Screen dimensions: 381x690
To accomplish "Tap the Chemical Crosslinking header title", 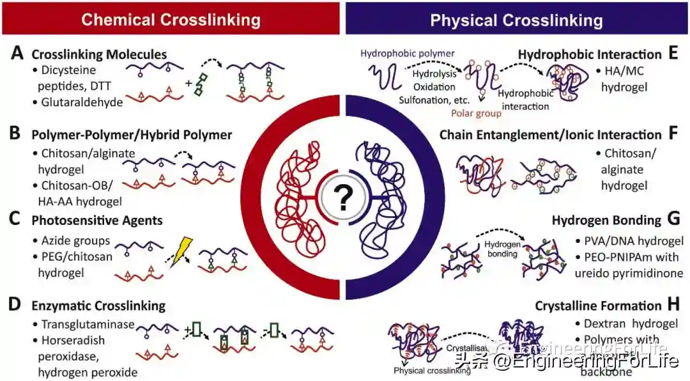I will pos(171,19).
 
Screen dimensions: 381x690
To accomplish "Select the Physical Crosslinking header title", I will pos(516,20).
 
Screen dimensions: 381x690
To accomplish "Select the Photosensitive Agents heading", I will pos(97,221).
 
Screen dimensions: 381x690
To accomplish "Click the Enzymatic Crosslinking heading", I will pos(98,306).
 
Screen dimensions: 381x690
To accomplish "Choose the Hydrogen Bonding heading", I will pos(606,221).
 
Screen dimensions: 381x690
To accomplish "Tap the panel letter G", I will pos(672,220).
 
